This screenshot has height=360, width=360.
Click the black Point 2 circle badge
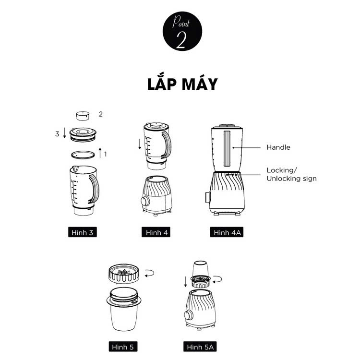(x=182, y=31)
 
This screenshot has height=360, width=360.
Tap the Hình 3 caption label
(x=83, y=232)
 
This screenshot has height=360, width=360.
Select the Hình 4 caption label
(x=156, y=232)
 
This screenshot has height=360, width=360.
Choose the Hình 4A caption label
(x=227, y=232)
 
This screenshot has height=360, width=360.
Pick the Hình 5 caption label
(x=123, y=347)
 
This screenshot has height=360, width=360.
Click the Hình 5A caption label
(x=200, y=347)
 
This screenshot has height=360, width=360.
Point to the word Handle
(x=278, y=147)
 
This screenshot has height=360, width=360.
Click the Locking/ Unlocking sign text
(x=291, y=174)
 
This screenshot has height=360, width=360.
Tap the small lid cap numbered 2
(x=83, y=116)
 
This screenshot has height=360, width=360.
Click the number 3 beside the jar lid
(x=57, y=134)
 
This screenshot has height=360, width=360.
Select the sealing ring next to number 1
(x=83, y=155)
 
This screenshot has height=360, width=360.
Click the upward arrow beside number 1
(x=100, y=153)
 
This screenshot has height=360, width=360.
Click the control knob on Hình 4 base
(x=145, y=201)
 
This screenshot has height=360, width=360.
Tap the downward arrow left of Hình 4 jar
(x=140, y=144)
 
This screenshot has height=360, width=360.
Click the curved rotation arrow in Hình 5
(x=149, y=273)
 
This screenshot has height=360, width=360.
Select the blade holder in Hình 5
(x=124, y=274)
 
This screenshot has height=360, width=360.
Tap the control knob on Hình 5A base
(x=189, y=315)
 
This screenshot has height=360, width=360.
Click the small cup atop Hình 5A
(x=200, y=268)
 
